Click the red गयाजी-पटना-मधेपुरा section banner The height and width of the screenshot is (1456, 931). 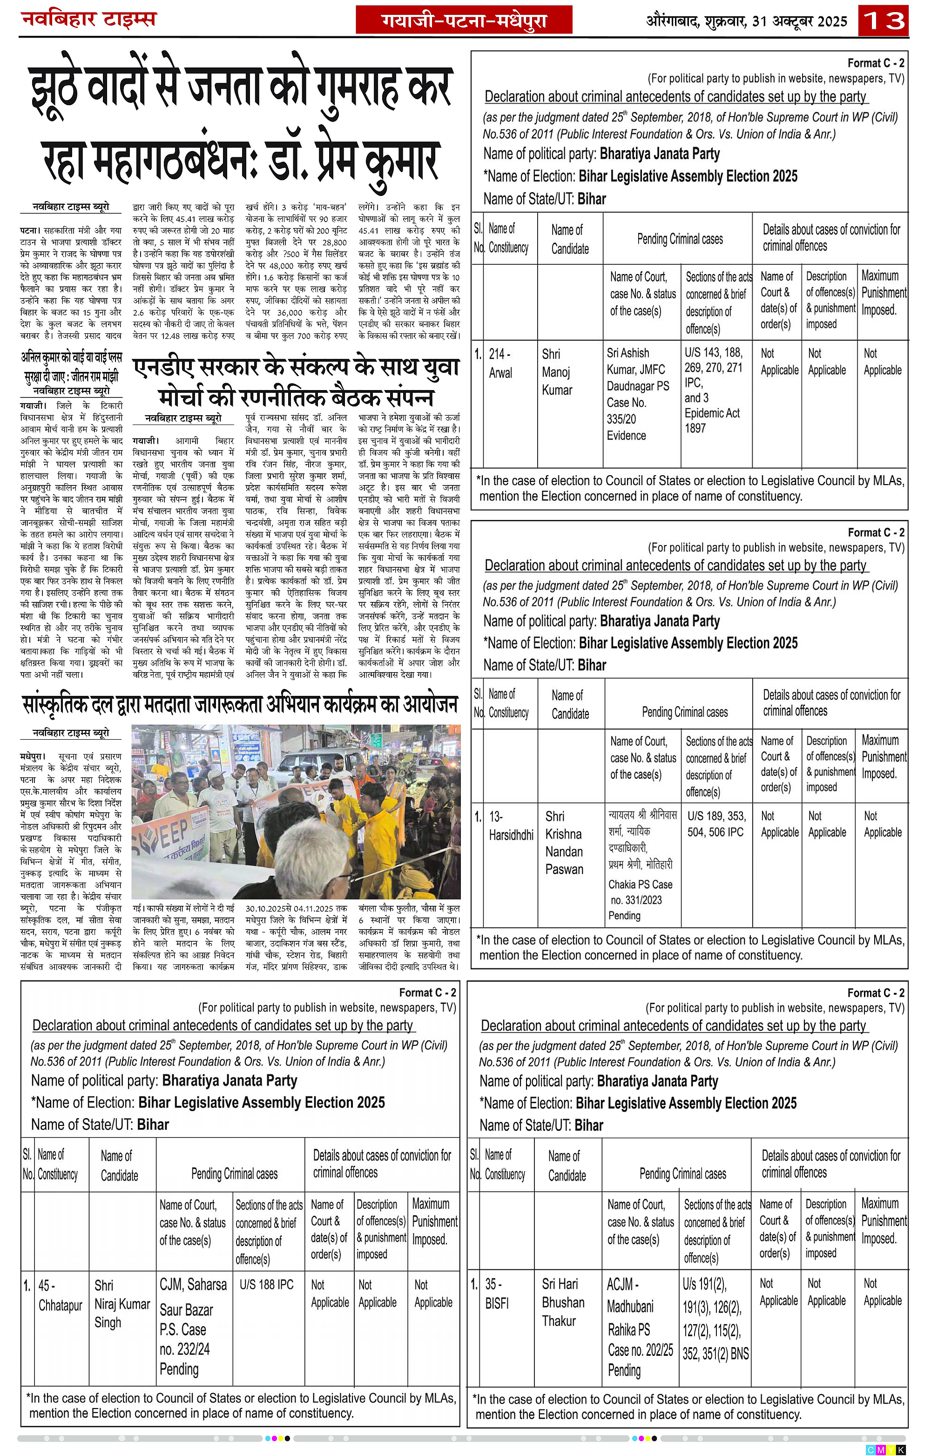coord(464,20)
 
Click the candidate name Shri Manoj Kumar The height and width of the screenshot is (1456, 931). coord(557,372)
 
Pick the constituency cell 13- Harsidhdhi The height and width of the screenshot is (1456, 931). coord(510,825)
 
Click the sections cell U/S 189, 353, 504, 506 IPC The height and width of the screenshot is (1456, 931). coord(716,823)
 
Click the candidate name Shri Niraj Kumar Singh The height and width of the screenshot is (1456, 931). coord(121,1304)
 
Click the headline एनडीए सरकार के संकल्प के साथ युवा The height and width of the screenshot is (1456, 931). coord(296,367)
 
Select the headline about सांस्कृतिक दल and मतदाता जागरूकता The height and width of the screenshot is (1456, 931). coord(240,704)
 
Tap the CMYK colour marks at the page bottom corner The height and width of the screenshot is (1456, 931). coord(886,1450)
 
